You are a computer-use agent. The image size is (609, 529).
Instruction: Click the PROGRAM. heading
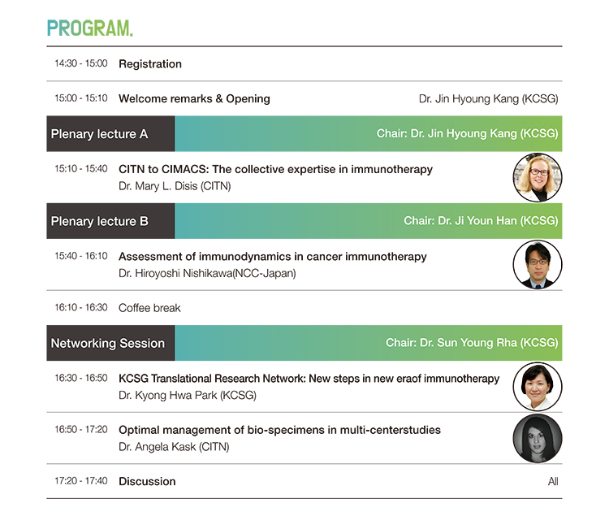pos(89,28)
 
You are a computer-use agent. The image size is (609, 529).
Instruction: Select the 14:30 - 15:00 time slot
pos(80,63)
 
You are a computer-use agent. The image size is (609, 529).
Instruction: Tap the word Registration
pos(150,63)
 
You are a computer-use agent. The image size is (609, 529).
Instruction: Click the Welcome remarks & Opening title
pos(194,98)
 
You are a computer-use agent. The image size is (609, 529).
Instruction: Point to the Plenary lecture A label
pos(99,134)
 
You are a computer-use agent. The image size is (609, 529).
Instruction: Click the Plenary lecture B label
pos(99,221)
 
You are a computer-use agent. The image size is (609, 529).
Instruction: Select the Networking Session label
pos(108,343)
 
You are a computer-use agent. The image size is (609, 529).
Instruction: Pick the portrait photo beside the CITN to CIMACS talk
pos(538,178)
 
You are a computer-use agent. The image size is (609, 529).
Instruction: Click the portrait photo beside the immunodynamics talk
pos(538,265)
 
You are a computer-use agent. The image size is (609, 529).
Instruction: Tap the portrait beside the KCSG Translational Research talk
pos(538,387)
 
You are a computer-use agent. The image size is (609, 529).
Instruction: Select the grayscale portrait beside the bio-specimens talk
pos(538,439)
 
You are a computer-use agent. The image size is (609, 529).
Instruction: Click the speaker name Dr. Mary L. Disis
pos(158,186)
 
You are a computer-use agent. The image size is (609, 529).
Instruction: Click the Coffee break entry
pos(149,308)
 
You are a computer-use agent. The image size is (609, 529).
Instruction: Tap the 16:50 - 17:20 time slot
pos(80,430)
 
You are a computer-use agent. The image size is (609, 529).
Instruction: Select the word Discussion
pos(147,481)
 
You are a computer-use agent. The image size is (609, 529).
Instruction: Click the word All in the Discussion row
pos(553,482)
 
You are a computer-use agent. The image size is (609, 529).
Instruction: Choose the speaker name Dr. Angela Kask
pos(157,447)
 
